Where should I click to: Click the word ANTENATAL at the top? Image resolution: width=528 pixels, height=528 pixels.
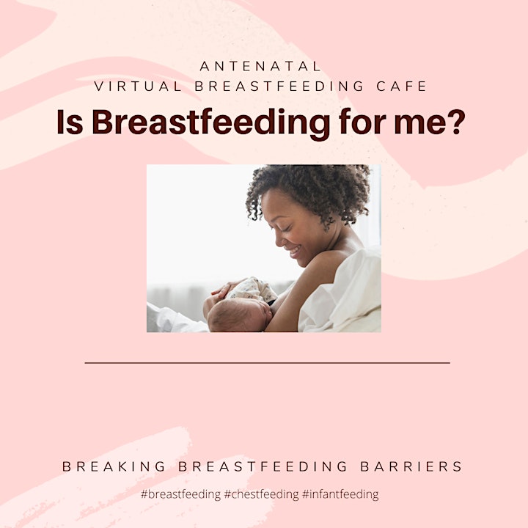pyautogui.click(x=260, y=66)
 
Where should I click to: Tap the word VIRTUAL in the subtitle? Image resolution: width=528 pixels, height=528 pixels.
pyautogui.click(x=138, y=87)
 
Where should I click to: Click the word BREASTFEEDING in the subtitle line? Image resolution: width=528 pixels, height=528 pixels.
pyautogui.click(x=279, y=87)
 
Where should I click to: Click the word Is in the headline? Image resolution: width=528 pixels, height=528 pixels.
pyautogui.click(x=70, y=122)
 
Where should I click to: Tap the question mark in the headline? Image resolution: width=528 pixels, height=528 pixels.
pyautogui.click(x=458, y=122)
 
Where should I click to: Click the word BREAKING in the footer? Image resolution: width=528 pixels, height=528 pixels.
pyautogui.click(x=114, y=466)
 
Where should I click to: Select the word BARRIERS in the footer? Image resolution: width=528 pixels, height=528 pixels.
pyautogui.click(x=411, y=466)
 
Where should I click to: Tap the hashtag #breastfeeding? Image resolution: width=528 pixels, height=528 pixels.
pyautogui.click(x=180, y=495)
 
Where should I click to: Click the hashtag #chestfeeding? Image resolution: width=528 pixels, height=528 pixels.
pyautogui.click(x=261, y=495)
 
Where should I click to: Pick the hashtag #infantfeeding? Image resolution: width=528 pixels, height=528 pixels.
pyautogui.click(x=340, y=495)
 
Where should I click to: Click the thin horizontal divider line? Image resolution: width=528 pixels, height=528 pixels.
pyautogui.click(x=268, y=363)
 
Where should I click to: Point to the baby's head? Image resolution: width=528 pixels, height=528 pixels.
pyautogui.click(x=239, y=315)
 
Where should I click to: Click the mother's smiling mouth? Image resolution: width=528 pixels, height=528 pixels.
pyautogui.click(x=294, y=251)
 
